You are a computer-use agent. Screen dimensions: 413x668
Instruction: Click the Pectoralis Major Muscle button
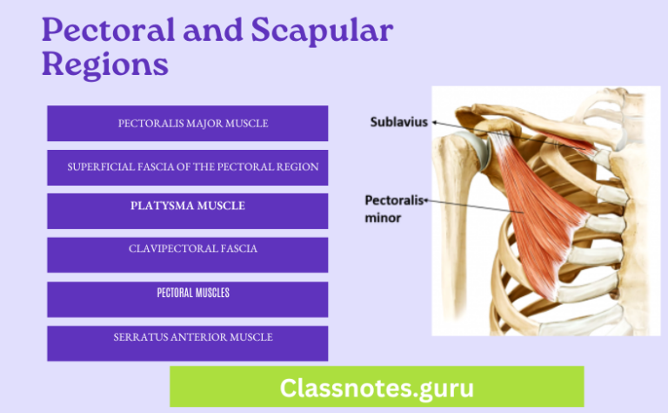click(187, 123)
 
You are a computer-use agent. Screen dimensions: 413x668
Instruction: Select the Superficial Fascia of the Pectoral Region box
click(187, 166)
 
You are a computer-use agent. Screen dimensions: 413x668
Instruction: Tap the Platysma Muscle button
click(187, 206)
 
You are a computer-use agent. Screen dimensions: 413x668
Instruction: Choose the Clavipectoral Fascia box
click(187, 250)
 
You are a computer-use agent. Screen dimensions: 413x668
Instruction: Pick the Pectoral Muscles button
click(187, 295)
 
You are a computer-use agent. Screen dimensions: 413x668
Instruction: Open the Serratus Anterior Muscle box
click(187, 338)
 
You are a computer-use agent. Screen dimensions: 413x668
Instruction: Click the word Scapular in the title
click(322, 34)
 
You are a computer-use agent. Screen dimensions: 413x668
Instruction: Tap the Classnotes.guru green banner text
click(377, 386)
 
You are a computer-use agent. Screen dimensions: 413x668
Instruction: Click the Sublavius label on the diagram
click(399, 122)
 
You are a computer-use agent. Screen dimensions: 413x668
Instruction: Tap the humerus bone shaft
click(451, 261)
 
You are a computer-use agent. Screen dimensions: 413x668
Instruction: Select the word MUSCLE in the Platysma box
click(220, 206)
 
